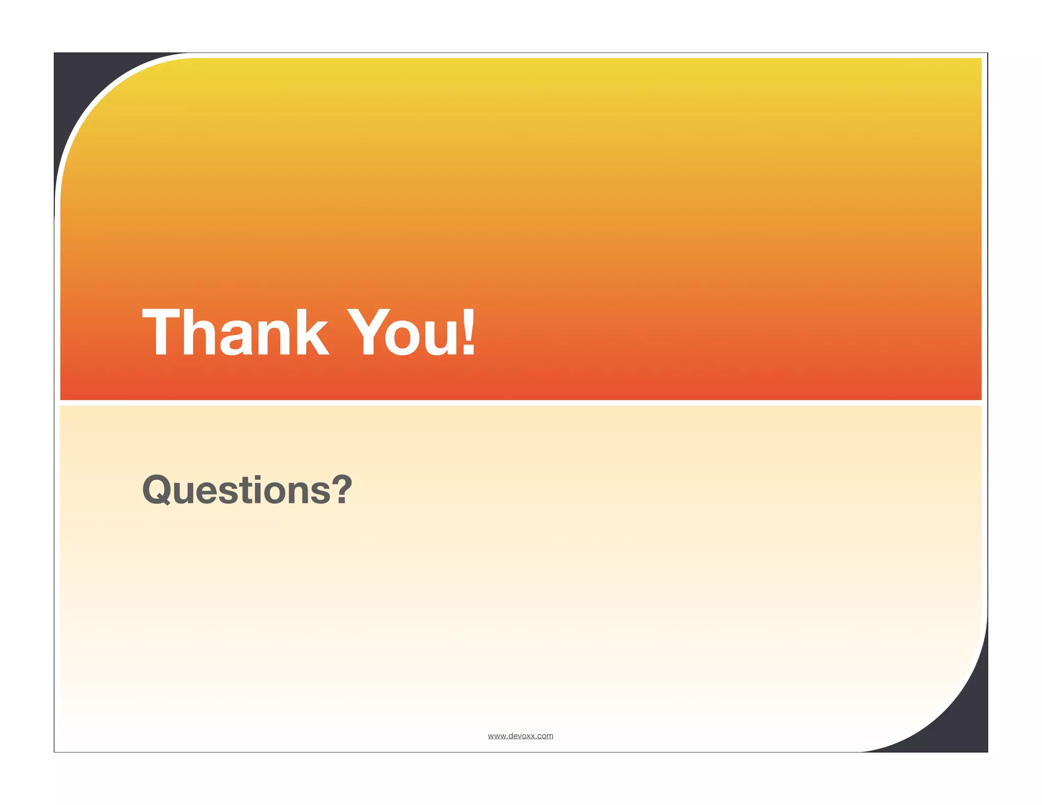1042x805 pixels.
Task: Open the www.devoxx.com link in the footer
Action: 520,736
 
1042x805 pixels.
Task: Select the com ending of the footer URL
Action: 545,736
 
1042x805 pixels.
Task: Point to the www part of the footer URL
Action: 496,736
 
